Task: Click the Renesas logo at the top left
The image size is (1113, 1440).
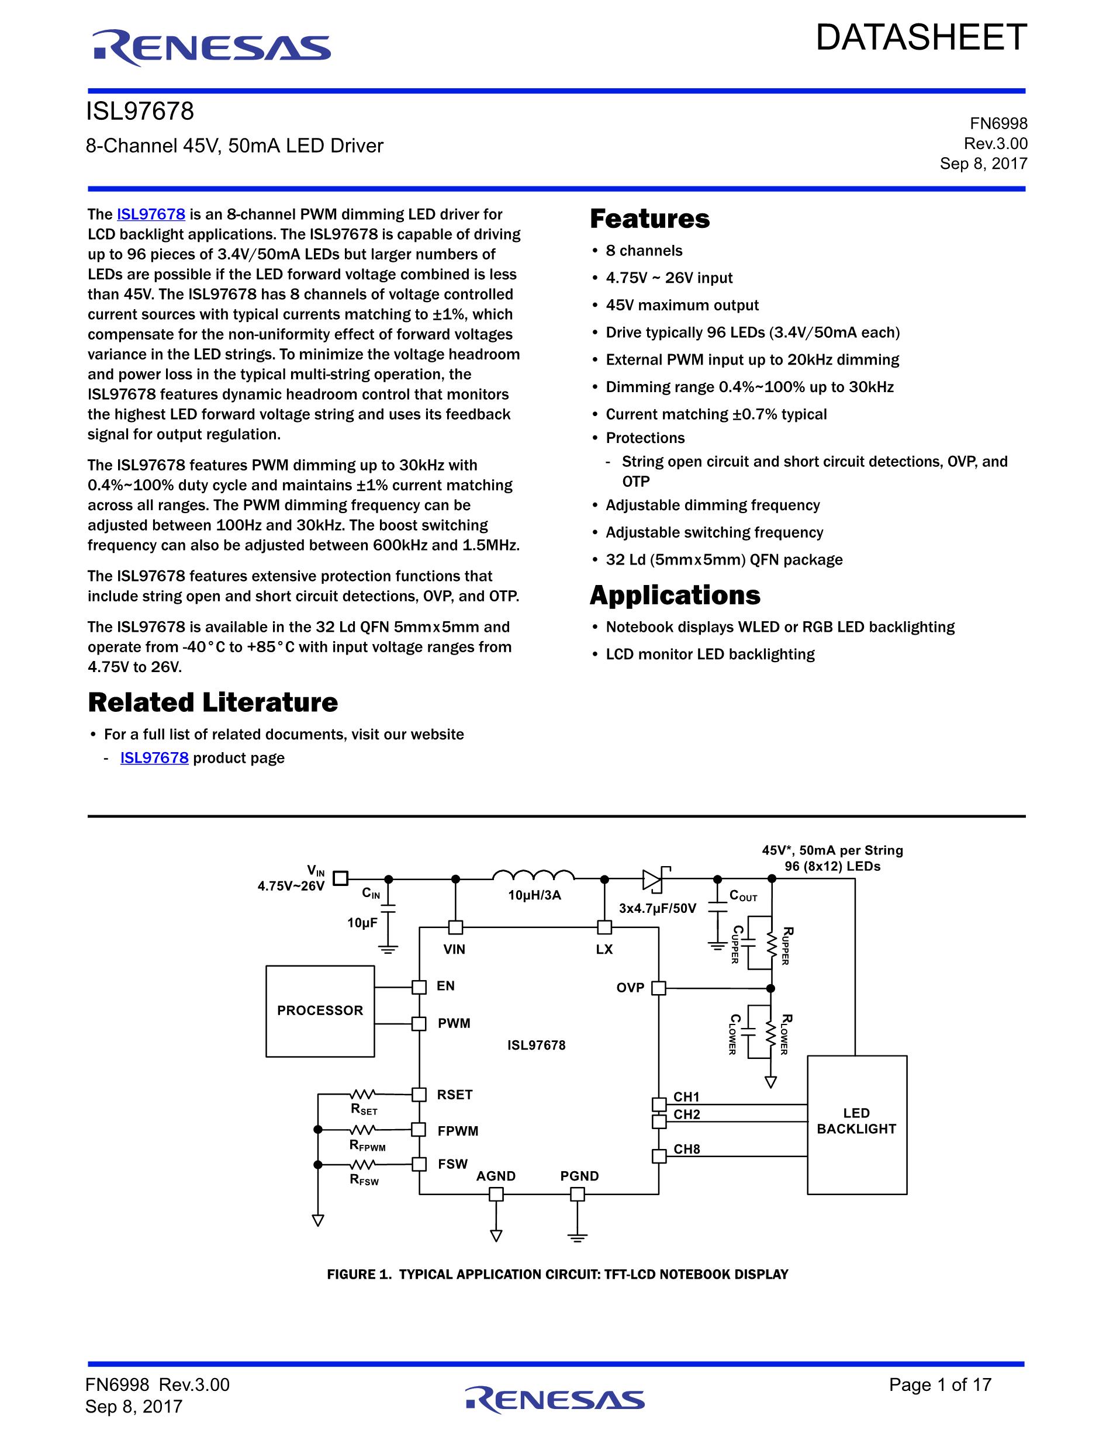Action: [211, 48]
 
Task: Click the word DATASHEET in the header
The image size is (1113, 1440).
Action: [921, 37]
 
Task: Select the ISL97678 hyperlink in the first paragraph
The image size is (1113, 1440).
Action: [151, 214]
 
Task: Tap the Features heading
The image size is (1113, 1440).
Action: [649, 219]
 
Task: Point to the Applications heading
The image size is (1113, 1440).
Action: [675, 596]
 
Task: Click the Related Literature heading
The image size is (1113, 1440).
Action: [213, 702]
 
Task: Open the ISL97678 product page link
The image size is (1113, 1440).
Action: [154, 757]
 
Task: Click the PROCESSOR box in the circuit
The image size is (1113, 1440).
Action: [320, 1011]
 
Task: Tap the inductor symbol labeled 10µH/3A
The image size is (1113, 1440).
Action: [534, 875]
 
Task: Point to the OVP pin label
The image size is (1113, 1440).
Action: [630, 988]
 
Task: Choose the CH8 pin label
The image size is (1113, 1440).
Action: [686, 1149]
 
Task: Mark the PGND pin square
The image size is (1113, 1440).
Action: [578, 1194]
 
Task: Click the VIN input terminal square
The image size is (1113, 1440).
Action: [340, 878]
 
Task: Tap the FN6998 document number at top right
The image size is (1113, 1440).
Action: [998, 123]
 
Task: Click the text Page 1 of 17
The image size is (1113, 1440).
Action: [940, 1384]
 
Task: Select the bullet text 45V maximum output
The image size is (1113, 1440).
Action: [682, 305]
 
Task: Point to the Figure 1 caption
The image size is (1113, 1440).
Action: [558, 1275]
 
